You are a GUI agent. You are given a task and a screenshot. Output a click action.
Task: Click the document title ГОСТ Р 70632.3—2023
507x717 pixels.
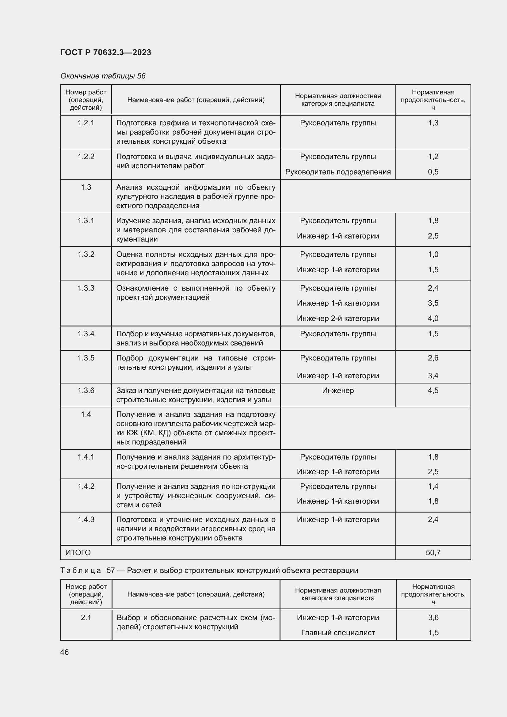tap(105, 52)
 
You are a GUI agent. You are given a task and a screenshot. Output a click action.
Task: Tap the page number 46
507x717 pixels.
tap(65, 652)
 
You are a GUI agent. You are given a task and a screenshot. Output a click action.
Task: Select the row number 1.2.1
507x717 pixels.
tap(86, 123)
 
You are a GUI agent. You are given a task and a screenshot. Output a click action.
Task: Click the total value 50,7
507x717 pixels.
tap(433, 552)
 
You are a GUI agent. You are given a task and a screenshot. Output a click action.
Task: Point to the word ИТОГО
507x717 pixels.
tap(78, 552)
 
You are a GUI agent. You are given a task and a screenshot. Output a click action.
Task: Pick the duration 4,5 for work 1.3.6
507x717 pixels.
tap(433, 390)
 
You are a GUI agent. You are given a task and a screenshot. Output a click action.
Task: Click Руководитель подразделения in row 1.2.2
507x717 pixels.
tap(338, 172)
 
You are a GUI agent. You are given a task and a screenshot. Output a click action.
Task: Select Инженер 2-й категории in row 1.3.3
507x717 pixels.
tap(338, 318)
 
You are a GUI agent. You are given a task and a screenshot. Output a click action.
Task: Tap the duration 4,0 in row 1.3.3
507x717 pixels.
tap(433, 318)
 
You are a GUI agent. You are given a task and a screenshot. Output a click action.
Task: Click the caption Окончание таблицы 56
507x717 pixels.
tap(103, 76)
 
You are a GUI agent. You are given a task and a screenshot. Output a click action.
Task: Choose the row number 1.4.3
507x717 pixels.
tap(86, 519)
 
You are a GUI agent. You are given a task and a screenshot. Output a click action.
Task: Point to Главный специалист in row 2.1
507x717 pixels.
tap(338, 632)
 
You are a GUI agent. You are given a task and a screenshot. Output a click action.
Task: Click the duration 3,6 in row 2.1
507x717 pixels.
tap(433, 617)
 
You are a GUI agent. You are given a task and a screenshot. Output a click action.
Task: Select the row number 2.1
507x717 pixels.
tap(86, 617)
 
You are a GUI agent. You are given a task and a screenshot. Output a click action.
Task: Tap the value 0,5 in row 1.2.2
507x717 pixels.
tap(433, 172)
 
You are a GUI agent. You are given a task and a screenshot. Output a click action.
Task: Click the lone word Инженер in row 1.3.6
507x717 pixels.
tap(338, 390)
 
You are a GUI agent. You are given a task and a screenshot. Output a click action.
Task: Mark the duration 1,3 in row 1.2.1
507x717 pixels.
tap(433, 123)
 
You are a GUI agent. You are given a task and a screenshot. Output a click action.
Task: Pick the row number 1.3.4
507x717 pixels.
tap(86, 334)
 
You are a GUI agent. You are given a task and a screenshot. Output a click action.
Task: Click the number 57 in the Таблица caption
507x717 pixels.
tap(111, 570)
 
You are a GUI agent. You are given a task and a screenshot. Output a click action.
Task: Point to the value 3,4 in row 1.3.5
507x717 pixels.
tap(433, 376)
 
